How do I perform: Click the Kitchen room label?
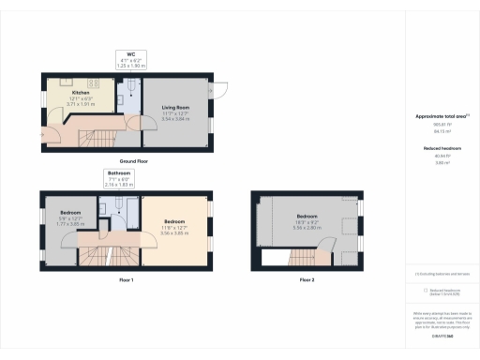[x=81, y=93]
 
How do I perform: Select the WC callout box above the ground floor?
[x=131, y=60]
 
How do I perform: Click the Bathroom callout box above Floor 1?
[x=118, y=180]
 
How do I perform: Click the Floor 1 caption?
[x=127, y=280]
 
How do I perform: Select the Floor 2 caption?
[x=307, y=280]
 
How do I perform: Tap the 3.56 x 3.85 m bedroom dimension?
[x=175, y=232]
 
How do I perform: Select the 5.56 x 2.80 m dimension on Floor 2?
[x=307, y=227]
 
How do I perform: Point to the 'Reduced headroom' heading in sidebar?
[x=442, y=148]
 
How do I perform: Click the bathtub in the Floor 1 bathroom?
[x=119, y=203]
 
